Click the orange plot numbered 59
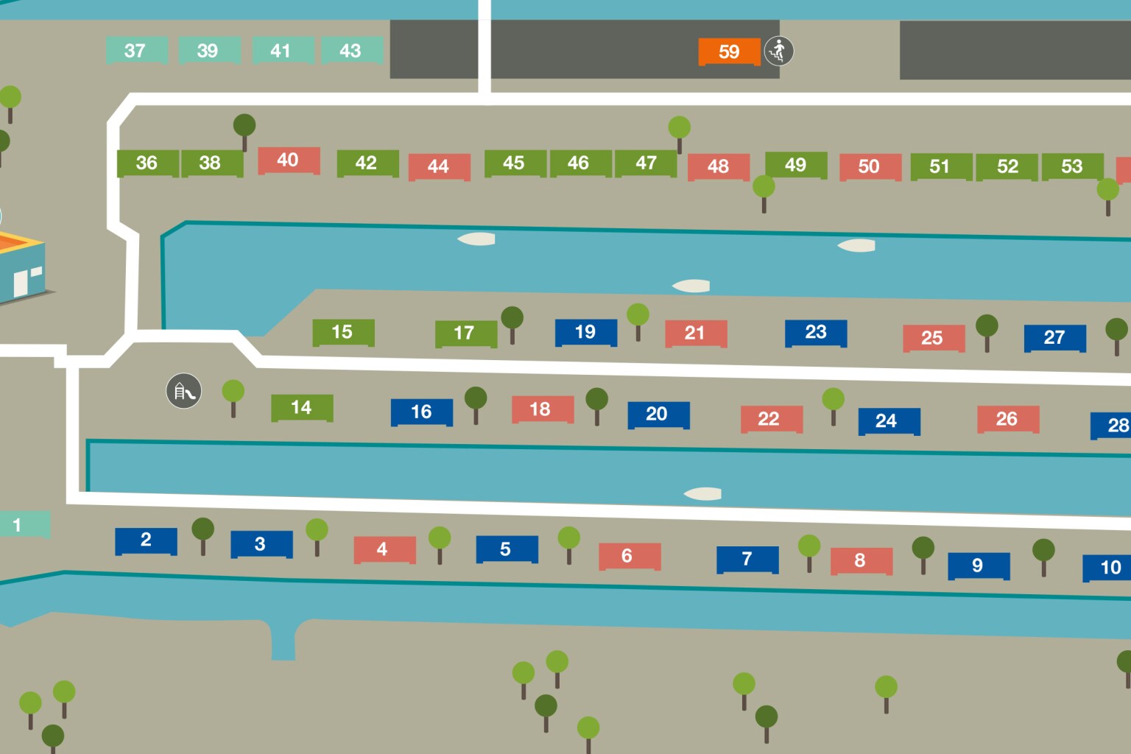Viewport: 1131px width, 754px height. coord(729,52)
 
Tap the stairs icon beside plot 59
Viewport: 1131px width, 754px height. coord(778,51)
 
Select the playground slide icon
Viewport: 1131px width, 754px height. coord(183,391)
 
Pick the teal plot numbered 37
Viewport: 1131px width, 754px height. coord(135,50)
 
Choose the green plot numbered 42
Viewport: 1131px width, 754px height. coord(367,163)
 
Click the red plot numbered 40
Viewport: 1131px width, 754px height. coord(288,160)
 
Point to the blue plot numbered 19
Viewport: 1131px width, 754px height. coord(585,332)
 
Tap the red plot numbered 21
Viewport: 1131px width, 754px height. coord(695,333)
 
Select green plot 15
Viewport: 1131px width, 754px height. coord(342,332)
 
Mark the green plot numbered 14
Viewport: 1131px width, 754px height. coord(301,407)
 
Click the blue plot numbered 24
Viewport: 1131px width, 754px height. coord(888,421)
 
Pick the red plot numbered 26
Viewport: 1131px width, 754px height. coord(1007,419)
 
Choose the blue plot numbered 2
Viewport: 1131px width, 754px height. coord(146,540)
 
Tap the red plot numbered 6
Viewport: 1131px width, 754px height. coord(629,556)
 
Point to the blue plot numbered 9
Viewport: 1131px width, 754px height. coord(978,565)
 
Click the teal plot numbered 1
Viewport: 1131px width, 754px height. coord(22,525)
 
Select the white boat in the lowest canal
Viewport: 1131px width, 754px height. coord(702,494)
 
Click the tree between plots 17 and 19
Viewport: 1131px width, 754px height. coord(512,323)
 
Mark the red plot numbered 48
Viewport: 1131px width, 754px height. coord(718,166)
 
